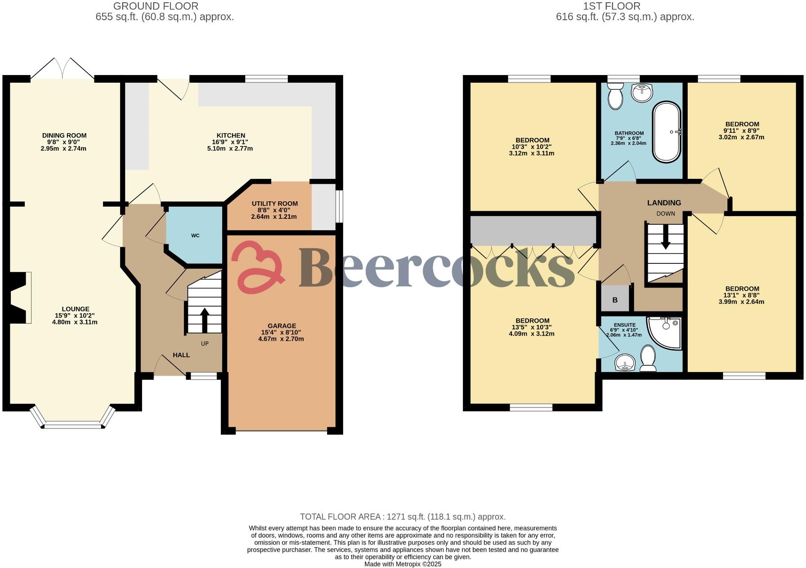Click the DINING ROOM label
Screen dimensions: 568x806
coord(64,135)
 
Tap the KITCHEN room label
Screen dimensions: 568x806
coord(231,135)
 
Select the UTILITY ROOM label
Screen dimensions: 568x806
coord(274,204)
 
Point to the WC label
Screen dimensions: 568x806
coord(195,235)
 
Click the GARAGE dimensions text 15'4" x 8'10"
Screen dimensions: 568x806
coord(282,333)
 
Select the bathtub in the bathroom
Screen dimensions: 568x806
coord(667,132)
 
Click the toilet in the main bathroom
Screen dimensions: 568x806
coord(615,96)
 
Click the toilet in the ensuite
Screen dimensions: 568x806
coord(648,358)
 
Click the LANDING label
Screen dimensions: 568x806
coord(664,203)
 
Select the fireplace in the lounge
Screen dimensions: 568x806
coord(21,297)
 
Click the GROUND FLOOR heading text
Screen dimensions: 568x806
coord(156,6)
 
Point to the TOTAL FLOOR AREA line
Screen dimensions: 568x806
coord(403,517)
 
